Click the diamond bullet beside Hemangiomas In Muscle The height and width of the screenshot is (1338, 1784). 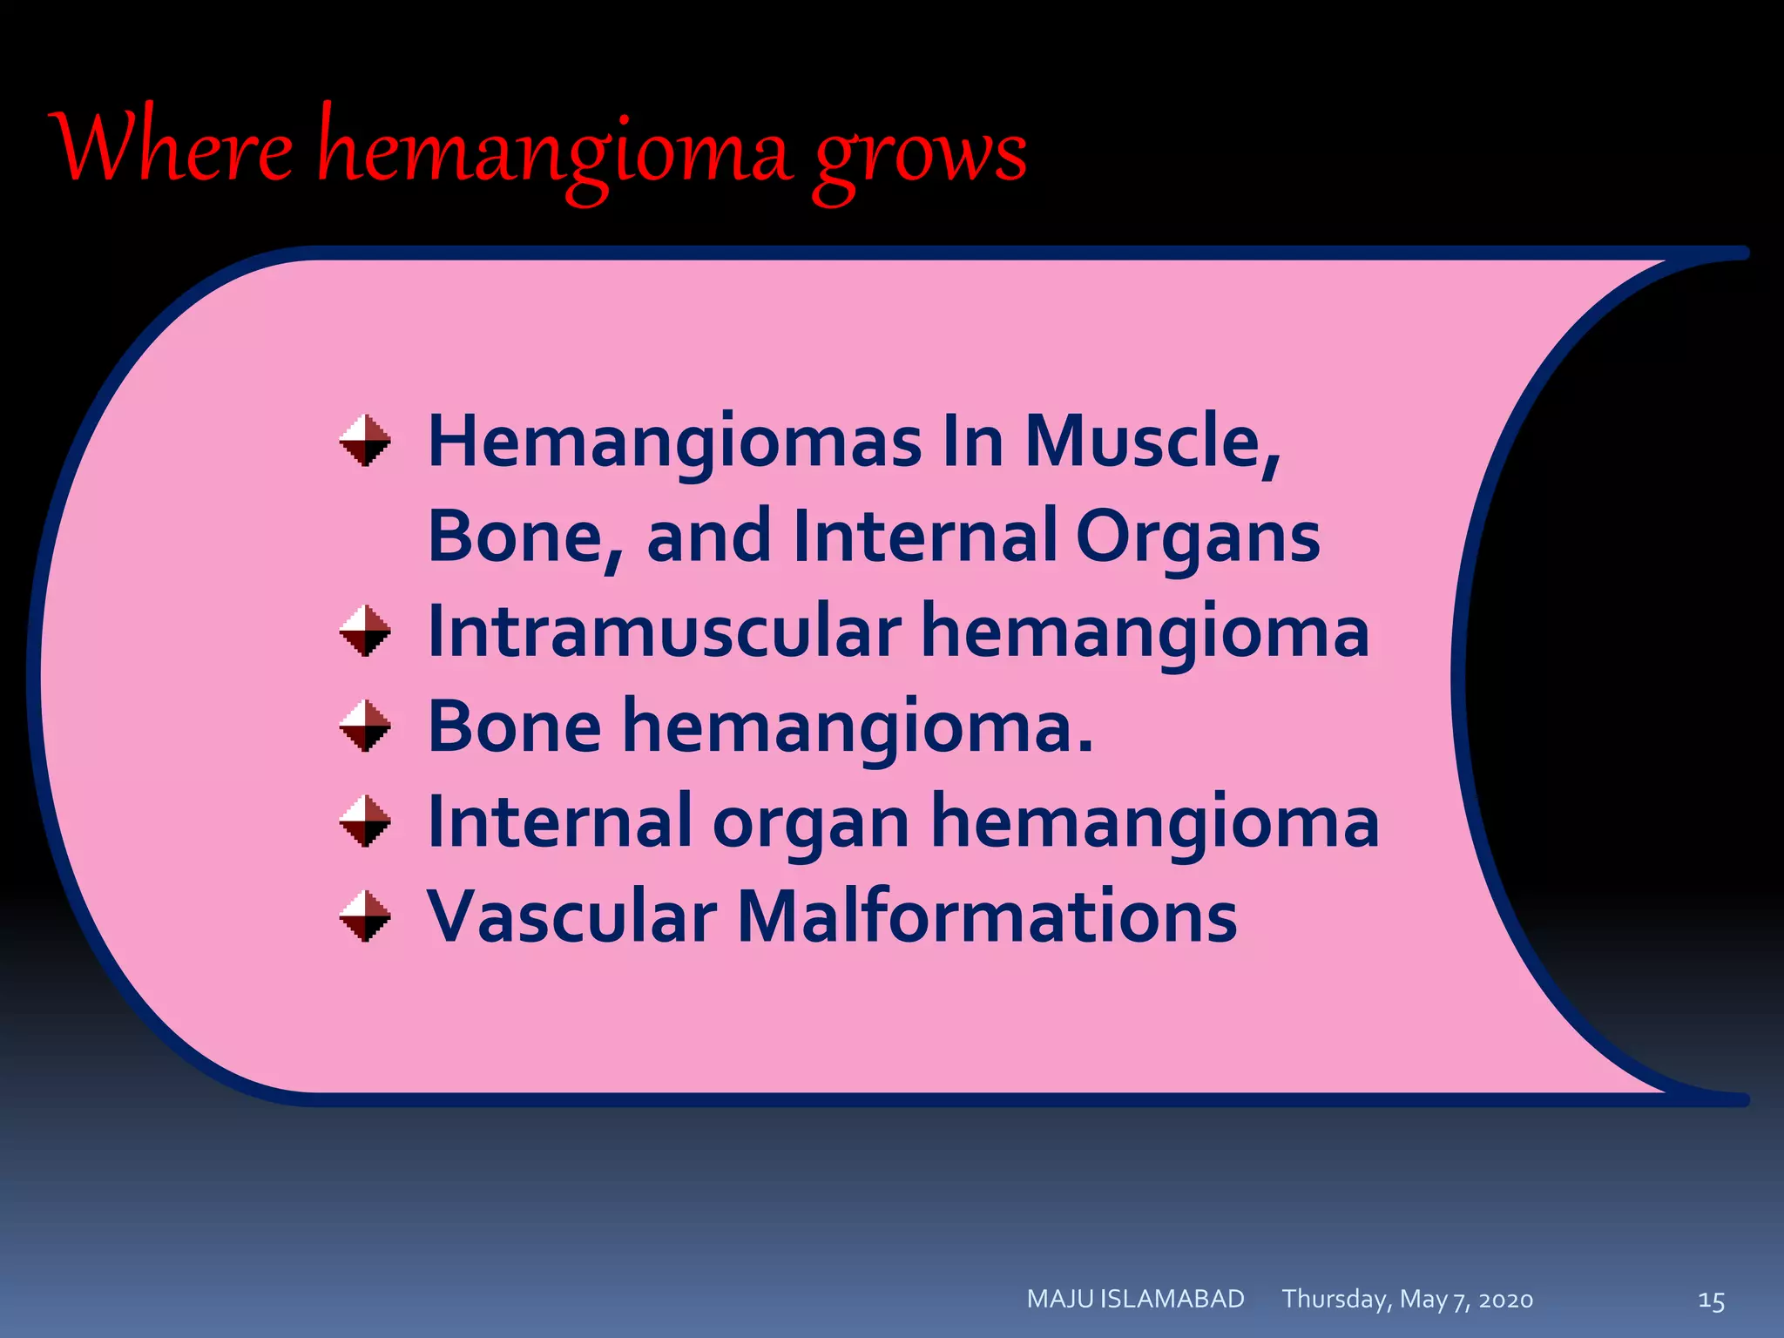pos(365,441)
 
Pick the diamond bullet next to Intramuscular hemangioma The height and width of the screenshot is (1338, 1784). pos(365,631)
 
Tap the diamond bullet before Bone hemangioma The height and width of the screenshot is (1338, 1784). pos(365,726)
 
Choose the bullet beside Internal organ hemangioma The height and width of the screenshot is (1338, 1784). pos(365,821)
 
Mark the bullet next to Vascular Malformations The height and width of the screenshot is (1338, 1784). pos(365,916)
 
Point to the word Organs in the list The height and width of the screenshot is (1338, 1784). pos(1198,537)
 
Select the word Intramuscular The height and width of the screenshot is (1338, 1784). pos(664,631)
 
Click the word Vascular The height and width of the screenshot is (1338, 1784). pos(571,916)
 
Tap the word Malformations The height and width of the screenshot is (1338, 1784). pos(987,916)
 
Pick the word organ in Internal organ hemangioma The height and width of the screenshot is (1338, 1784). pos(811,824)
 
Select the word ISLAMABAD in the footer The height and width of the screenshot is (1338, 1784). pos(1172,1299)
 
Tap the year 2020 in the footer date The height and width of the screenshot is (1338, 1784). pos(1505,1301)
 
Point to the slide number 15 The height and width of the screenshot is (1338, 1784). pos(1711,1301)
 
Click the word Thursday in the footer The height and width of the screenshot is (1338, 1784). pos(1335,1299)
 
